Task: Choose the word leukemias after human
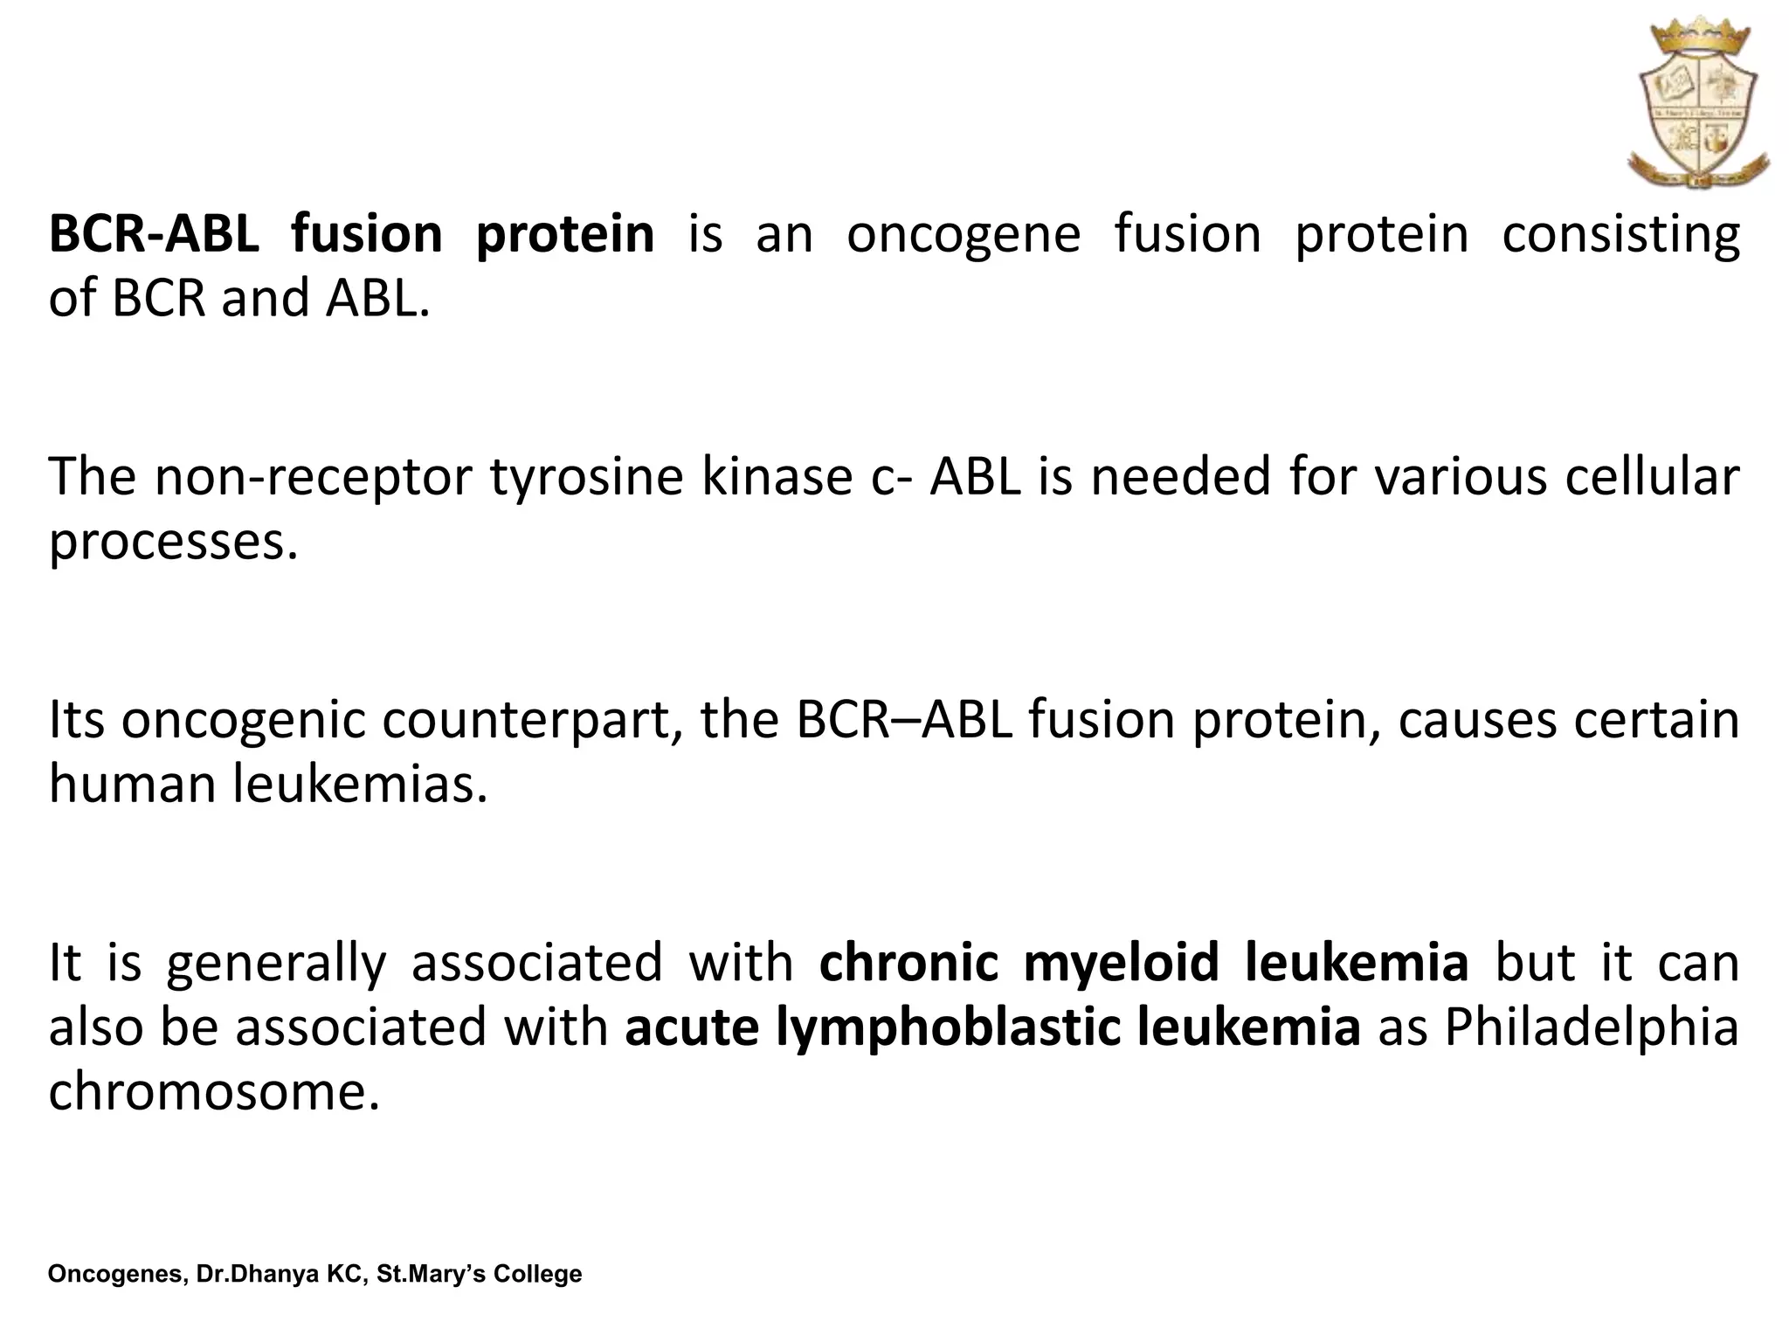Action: (360, 784)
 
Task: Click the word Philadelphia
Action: (1591, 1027)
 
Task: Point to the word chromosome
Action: (214, 1091)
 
